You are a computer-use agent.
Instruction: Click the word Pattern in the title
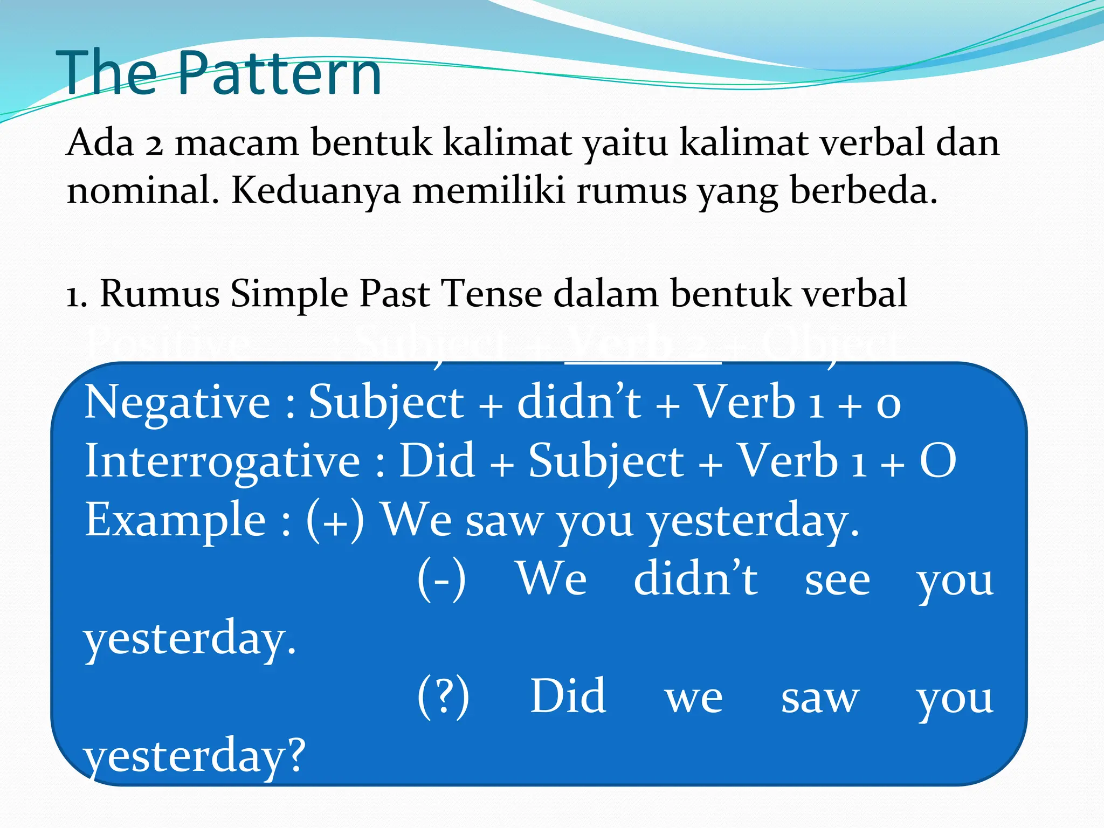(279, 73)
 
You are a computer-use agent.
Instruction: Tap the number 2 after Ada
(154, 144)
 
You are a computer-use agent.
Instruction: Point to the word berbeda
(864, 191)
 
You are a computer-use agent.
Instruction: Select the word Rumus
(160, 294)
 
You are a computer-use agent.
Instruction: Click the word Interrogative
(223, 461)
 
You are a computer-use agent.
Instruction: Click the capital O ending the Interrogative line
(938, 461)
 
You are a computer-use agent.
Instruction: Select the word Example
(175, 520)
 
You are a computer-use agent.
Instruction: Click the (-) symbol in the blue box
(441, 579)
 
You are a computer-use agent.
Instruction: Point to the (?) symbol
(443, 697)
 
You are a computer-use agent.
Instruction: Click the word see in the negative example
(837, 581)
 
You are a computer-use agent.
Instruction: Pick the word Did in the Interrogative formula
(437, 461)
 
